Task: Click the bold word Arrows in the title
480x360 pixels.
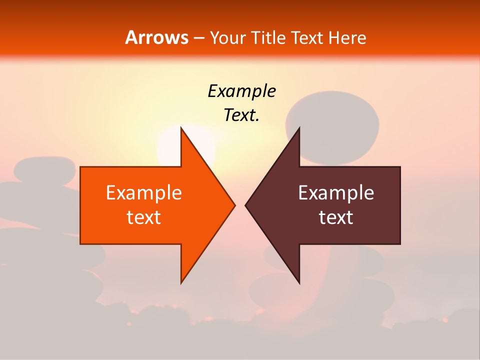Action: [157, 37]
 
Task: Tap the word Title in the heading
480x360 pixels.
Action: [268, 37]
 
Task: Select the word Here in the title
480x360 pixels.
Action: [347, 37]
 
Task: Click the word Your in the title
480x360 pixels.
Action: [227, 37]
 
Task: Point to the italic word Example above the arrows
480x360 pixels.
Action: [241, 91]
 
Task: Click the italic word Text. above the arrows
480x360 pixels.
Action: [241, 115]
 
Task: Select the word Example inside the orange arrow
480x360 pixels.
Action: [144, 192]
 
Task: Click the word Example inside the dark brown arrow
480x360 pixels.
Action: [336, 192]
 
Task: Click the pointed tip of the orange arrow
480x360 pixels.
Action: [234, 205]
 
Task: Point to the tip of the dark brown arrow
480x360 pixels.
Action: [246, 205]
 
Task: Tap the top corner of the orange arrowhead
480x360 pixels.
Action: [181, 128]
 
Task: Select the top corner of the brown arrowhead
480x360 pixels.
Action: [299, 128]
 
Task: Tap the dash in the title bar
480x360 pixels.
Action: [198, 38]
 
